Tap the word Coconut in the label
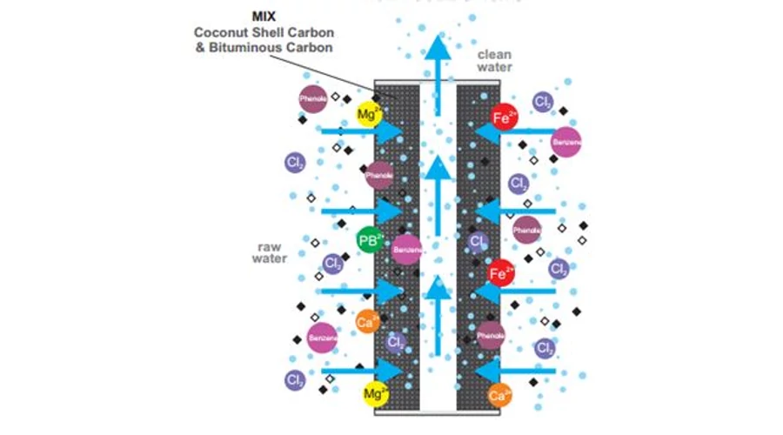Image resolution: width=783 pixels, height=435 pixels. click(x=217, y=32)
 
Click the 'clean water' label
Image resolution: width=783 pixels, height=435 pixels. click(x=495, y=60)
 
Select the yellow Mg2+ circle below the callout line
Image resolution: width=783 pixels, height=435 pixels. click(x=370, y=115)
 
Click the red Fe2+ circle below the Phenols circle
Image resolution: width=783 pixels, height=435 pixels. click(x=500, y=273)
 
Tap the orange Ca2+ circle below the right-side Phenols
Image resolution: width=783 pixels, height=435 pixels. click(x=499, y=396)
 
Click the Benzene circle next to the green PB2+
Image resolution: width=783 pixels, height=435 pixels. click(x=407, y=250)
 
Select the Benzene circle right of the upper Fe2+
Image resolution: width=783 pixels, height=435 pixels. click(x=565, y=142)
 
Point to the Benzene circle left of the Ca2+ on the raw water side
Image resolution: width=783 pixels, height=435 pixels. click(x=322, y=338)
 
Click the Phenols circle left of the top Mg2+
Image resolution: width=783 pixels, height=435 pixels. click(x=313, y=100)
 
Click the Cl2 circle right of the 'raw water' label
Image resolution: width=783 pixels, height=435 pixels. click(x=332, y=264)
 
